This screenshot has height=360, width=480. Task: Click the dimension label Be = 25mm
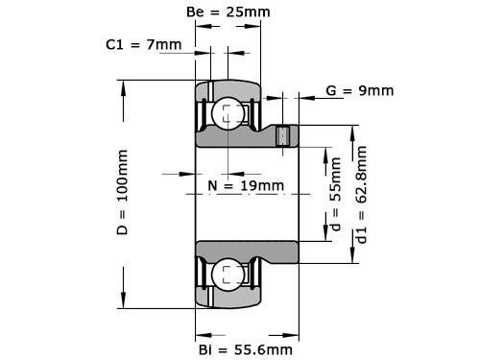point(227,12)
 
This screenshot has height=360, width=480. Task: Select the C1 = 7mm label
point(143,45)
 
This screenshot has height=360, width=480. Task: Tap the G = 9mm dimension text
point(359,91)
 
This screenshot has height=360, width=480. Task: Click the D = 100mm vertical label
point(123,192)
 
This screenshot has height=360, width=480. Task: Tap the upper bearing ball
point(228,113)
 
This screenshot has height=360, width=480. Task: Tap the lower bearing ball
point(228,275)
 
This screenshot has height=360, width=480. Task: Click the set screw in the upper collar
point(283,136)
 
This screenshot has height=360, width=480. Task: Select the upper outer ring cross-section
point(228,87)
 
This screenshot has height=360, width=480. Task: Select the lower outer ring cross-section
point(228,300)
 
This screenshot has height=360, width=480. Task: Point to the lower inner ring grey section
point(250,252)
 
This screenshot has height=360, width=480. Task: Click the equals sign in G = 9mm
point(343,91)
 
